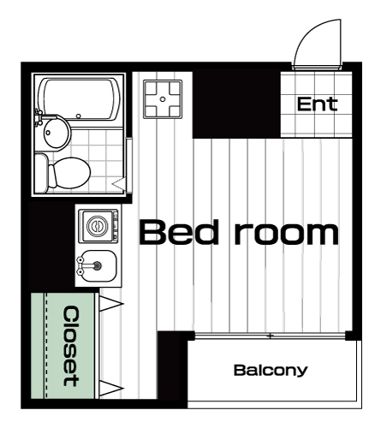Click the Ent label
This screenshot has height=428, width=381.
[x=317, y=104]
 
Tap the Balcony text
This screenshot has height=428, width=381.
[x=271, y=371]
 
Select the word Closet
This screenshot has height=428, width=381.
[x=70, y=346]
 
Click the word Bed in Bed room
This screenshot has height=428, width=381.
[x=179, y=232]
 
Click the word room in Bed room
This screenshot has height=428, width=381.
[x=287, y=235]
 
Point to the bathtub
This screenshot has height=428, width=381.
[x=80, y=99]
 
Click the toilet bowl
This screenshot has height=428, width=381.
[x=69, y=173]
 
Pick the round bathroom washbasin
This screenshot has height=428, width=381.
[x=57, y=133]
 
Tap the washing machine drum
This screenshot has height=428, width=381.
[x=98, y=227]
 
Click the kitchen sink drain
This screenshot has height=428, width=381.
[x=98, y=265]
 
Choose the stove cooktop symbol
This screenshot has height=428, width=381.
[x=163, y=99]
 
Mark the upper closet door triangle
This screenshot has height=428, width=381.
[x=110, y=304]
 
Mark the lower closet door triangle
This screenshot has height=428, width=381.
[x=110, y=388]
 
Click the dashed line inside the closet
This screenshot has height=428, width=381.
[x=45, y=346]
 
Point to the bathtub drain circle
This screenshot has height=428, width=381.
[x=79, y=116]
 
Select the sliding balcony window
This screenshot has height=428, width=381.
[x=270, y=336]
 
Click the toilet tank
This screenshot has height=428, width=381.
[x=41, y=173]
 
